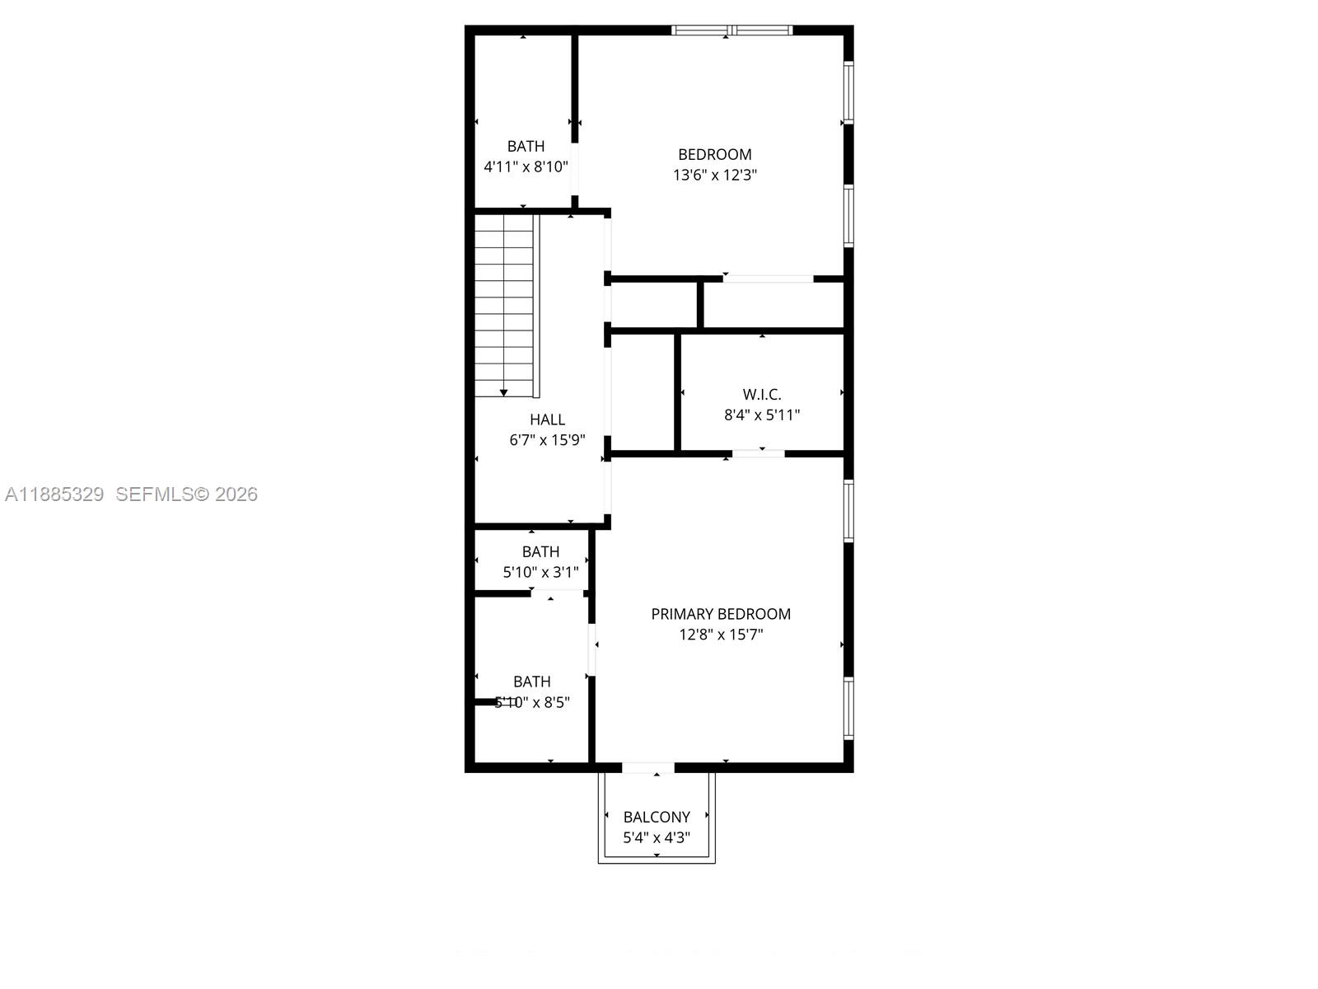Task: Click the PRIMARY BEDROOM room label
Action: point(721,614)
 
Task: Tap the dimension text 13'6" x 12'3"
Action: point(715,175)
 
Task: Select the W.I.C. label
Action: point(762,395)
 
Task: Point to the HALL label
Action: point(547,420)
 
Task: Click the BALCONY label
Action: point(657,817)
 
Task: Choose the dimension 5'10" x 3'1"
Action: point(540,572)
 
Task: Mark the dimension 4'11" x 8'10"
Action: point(526,166)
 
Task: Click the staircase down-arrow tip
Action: point(503,394)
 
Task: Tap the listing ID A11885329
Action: point(54,494)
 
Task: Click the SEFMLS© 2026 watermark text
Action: point(186,494)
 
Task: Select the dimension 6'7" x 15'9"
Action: point(547,440)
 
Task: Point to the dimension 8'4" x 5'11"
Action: point(762,415)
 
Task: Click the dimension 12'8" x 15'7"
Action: point(721,635)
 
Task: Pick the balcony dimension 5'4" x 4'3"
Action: point(657,838)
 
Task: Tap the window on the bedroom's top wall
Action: point(731,30)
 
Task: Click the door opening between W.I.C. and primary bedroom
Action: point(759,453)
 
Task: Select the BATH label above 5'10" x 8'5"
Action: point(532,682)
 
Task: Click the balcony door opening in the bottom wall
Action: point(647,768)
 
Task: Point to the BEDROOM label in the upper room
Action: point(715,154)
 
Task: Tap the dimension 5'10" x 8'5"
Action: point(532,703)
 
